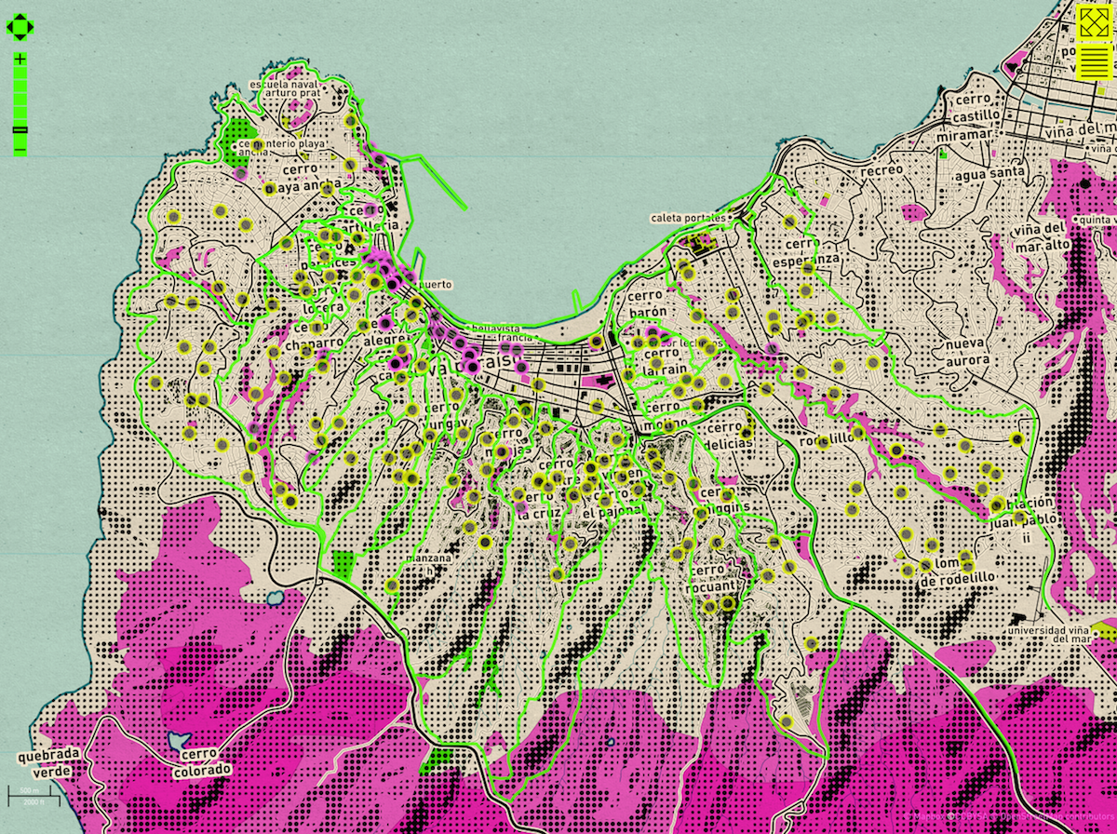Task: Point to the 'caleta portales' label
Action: [x=688, y=218]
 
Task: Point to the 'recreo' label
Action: [x=881, y=171]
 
